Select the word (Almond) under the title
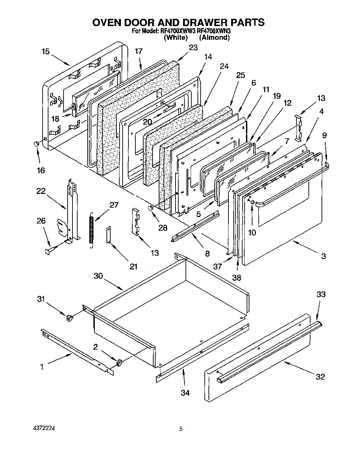tap(214, 38)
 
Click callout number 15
tap(45, 52)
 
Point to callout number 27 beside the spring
tap(114, 205)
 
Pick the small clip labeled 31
tap(70, 318)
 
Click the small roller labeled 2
tap(120, 362)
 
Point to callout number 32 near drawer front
tap(320, 377)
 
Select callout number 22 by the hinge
tap(41, 191)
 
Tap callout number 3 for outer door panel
tap(323, 256)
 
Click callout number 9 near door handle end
tap(325, 135)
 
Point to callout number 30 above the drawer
tap(98, 276)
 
